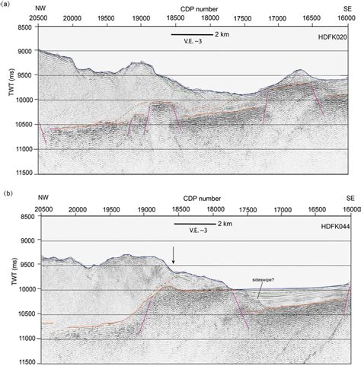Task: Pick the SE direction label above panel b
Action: click(347, 196)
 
